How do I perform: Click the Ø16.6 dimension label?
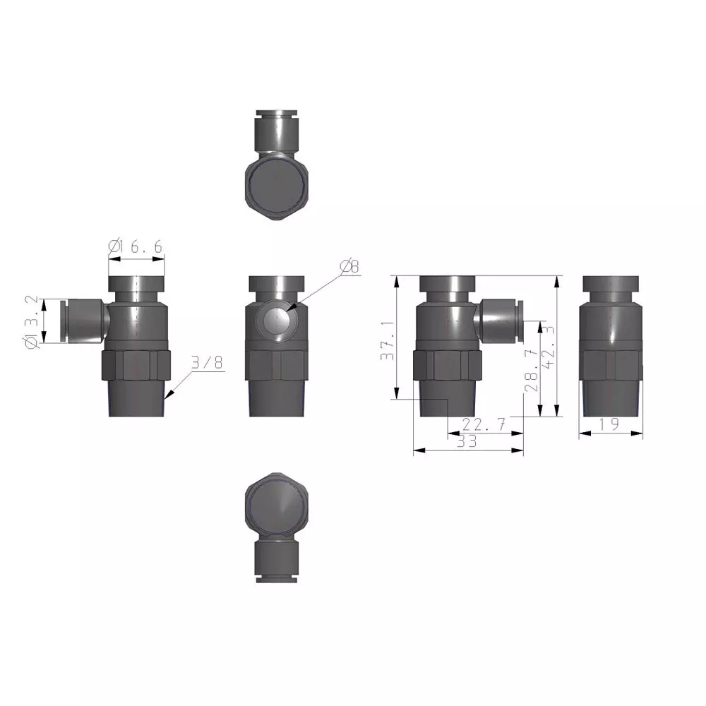[x=136, y=246]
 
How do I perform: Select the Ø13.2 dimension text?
[x=30, y=322]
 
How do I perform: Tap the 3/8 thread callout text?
[x=206, y=363]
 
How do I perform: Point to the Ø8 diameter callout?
[x=349, y=266]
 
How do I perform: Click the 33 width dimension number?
[x=467, y=442]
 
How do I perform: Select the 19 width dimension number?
[x=610, y=424]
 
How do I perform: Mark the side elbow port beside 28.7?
[x=500, y=318]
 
